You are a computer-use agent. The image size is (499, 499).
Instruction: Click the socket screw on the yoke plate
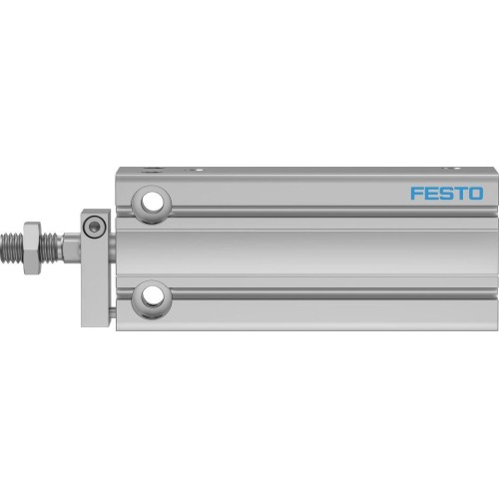point(94,227)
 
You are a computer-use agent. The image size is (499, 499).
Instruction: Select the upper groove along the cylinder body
point(299,211)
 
